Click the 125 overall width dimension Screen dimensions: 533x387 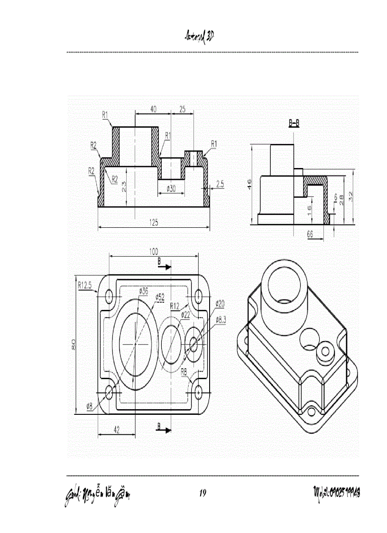click(154, 222)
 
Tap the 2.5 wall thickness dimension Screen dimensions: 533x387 click(220, 185)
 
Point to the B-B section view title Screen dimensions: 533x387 click(294, 123)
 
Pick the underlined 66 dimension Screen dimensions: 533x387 click(310, 234)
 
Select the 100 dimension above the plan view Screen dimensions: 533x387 click(154, 251)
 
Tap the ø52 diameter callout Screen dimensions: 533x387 click(160, 297)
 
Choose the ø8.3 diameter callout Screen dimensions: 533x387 click(221, 319)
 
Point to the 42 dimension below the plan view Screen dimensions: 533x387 click(116, 429)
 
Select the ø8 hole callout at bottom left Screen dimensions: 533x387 click(89, 406)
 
